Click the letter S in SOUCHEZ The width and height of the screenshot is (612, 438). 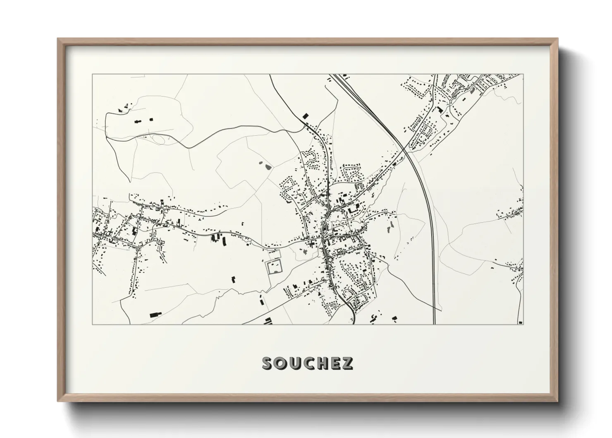(x=268, y=363)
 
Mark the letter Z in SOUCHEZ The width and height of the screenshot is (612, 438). (x=347, y=363)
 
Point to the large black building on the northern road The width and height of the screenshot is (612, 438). (x=306, y=116)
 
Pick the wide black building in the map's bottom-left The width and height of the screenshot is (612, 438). (x=155, y=314)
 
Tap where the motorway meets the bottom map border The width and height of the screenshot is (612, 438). (x=434, y=324)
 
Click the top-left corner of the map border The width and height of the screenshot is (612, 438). (x=92, y=75)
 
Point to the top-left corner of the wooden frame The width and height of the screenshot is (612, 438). (x=57, y=39)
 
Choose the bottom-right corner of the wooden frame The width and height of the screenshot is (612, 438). (x=557, y=401)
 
